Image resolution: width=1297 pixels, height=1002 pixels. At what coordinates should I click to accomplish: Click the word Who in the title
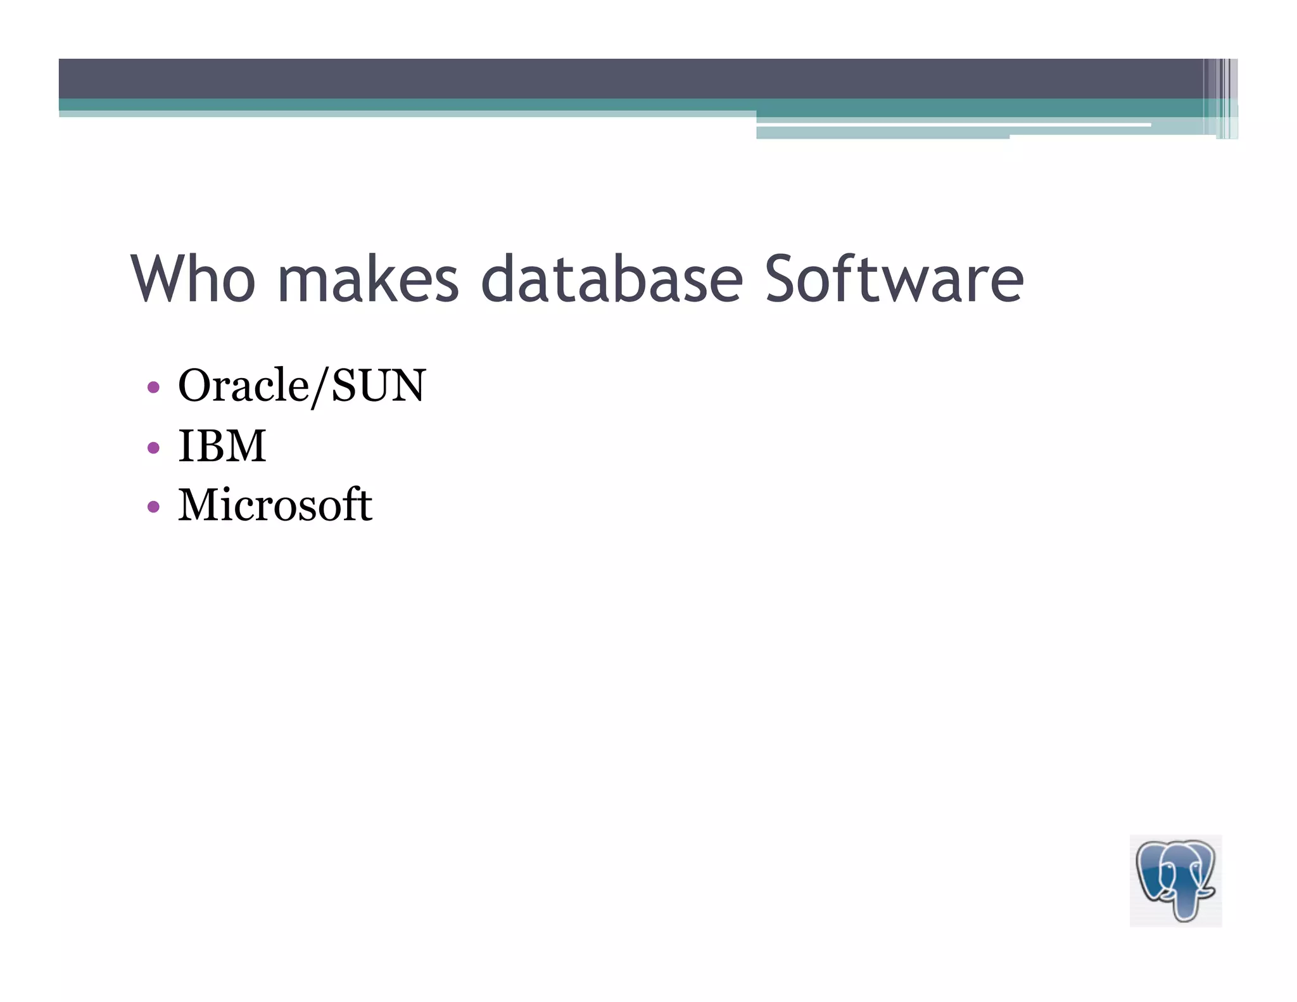click(193, 279)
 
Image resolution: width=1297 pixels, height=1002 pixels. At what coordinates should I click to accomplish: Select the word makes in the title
click(368, 279)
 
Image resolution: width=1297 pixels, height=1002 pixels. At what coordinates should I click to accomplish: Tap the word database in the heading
click(612, 279)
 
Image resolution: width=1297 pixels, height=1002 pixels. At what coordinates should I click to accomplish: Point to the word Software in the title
click(894, 279)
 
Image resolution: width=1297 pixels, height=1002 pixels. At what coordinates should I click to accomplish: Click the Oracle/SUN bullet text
click(302, 385)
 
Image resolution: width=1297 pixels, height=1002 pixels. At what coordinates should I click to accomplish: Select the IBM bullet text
click(222, 445)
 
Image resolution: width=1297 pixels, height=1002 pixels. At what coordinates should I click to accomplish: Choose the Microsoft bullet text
click(275, 505)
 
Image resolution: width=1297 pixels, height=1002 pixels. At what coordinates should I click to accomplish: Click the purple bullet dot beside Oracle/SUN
click(153, 387)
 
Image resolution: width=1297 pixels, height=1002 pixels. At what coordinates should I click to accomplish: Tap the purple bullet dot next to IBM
click(153, 448)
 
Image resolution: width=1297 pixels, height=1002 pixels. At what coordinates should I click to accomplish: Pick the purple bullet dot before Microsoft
click(153, 507)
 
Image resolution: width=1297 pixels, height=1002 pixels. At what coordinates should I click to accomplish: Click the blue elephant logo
click(1175, 880)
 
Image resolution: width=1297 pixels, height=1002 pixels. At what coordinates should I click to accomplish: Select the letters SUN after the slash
click(378, 385)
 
